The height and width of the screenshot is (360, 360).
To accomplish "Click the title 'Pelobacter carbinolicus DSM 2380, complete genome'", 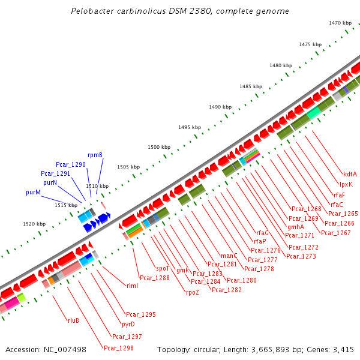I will click(179, 11).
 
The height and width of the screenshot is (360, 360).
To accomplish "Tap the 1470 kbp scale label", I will click(340, 23).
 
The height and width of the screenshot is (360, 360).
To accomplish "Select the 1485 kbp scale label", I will click(251, 86).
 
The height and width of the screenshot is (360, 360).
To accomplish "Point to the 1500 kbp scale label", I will click(160, 147).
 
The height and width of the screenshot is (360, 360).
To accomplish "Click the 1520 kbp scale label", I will click(34, 224).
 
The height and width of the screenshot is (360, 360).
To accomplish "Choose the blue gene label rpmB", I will click(95, 155).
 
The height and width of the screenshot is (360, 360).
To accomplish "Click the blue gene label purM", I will click(33, 193).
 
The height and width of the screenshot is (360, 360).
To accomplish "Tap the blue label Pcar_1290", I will click(71, 164).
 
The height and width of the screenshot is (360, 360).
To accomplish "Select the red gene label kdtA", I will click(350, 174).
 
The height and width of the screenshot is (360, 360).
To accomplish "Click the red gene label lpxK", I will click(346, 184).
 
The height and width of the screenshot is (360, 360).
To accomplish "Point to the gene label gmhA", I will click(296, 227).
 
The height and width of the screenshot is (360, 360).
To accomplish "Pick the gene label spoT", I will click(163, 268).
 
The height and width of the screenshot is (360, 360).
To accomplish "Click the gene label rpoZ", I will click(192, 292).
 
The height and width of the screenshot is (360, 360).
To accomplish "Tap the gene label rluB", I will click(73, 320).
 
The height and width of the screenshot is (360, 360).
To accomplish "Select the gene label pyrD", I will click(128, 324).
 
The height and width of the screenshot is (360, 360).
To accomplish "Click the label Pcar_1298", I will click(118, 347).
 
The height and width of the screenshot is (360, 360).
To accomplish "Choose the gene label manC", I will click(229, 255).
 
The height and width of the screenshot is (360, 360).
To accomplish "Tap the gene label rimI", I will click(132, 285).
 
